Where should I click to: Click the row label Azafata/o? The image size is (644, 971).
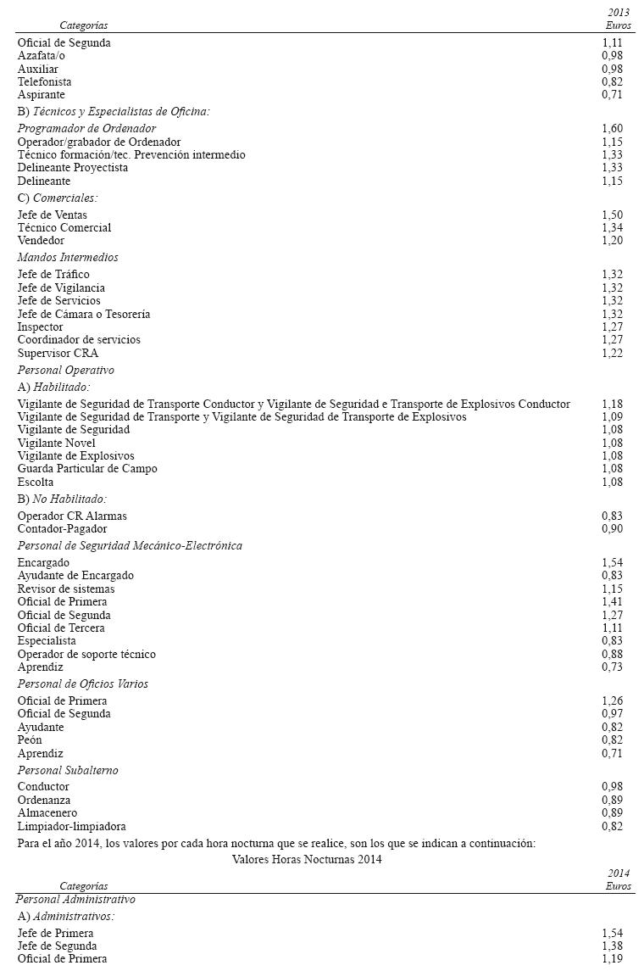tap(42, 56)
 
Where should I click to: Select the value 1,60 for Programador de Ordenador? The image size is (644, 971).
tap(612, 129)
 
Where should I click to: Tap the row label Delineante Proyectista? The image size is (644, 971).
tap(73, 168)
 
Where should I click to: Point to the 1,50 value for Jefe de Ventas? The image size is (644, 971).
tap(612, 215)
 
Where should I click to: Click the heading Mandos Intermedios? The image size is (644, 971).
tap(68, 258)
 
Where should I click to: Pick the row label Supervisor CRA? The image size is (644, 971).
tap(58, 353)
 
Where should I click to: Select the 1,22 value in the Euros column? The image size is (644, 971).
tap(612, 353)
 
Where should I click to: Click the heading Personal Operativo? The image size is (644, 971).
tap(66, 371)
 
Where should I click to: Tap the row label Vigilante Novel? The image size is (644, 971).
tap(56, 444)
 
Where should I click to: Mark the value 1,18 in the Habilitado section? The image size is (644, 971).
tap(612, 405)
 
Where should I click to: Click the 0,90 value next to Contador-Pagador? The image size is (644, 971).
tap(612, 529)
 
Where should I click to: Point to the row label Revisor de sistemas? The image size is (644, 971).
tap(66, 589)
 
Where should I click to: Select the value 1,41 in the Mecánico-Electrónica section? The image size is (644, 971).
tap(612, 602)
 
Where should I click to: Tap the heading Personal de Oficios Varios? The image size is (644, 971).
tap(83, 684)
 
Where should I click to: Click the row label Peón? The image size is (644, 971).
tap(30, 740)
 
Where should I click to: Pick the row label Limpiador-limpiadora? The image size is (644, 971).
tap(72, 827)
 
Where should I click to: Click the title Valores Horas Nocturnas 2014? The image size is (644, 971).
tap(307, 860)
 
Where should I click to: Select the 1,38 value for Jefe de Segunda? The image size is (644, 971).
tap(612, 946)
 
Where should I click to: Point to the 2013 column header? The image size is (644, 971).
tap(619, 14)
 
